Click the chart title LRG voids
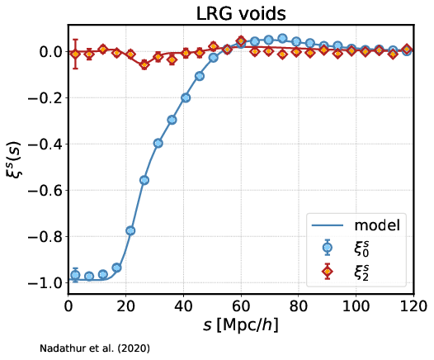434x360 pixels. [241, 13]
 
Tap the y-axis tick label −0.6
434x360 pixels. [46, 191]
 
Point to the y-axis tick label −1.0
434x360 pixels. [46, 283]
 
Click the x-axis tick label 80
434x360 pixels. [299, 306]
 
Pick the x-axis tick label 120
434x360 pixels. [413, 306]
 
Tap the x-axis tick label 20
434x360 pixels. [126, 306]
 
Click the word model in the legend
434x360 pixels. [377, 225]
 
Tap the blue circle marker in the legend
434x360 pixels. [328, 247]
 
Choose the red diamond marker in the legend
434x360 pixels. [328, 272]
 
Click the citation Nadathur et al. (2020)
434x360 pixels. [95, 348]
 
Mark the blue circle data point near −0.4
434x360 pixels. [158, 143]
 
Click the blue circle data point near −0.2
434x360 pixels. [186, 97]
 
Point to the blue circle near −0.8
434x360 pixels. [130, 230]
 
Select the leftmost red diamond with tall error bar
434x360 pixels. [75, 54]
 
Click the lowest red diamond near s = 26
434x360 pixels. [144, 65]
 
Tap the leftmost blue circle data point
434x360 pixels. [75, 275]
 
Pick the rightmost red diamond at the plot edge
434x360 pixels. [407, 50]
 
